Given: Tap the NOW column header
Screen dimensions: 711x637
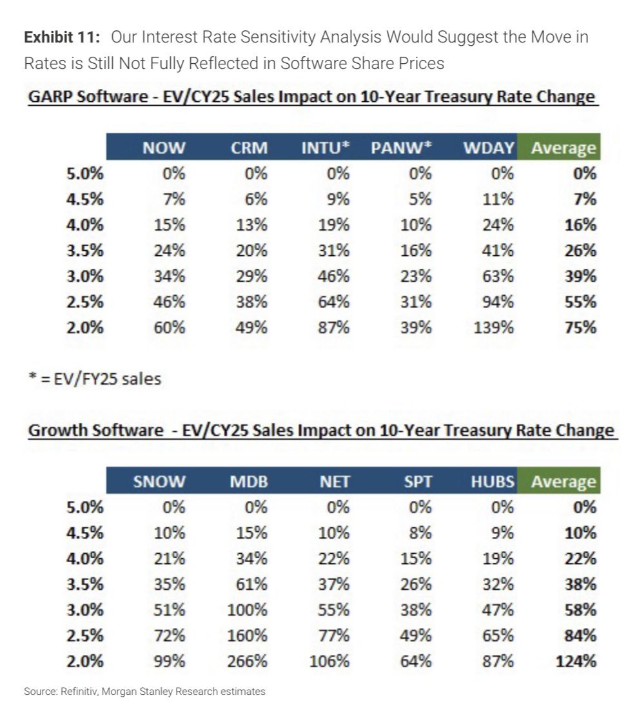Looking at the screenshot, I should click(164, 148).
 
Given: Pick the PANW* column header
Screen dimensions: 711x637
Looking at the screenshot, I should click(401, 148).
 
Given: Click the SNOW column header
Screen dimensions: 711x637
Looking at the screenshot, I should click(159, 482).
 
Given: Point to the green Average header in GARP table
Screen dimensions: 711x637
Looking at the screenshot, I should click(563, 148).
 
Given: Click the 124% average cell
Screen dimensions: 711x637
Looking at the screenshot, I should click(578, 661).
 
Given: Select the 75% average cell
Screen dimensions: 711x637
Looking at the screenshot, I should click(582, 327).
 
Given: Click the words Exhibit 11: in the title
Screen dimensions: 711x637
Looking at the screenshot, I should click(62, 37).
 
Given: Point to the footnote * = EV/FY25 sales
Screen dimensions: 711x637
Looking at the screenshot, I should click(92, 378).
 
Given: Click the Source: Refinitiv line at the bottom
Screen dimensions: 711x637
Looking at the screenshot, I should click(144, 692).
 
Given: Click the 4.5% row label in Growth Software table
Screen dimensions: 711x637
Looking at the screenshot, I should click(85, 532).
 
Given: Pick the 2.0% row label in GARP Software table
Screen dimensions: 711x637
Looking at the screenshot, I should click(85, 327).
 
